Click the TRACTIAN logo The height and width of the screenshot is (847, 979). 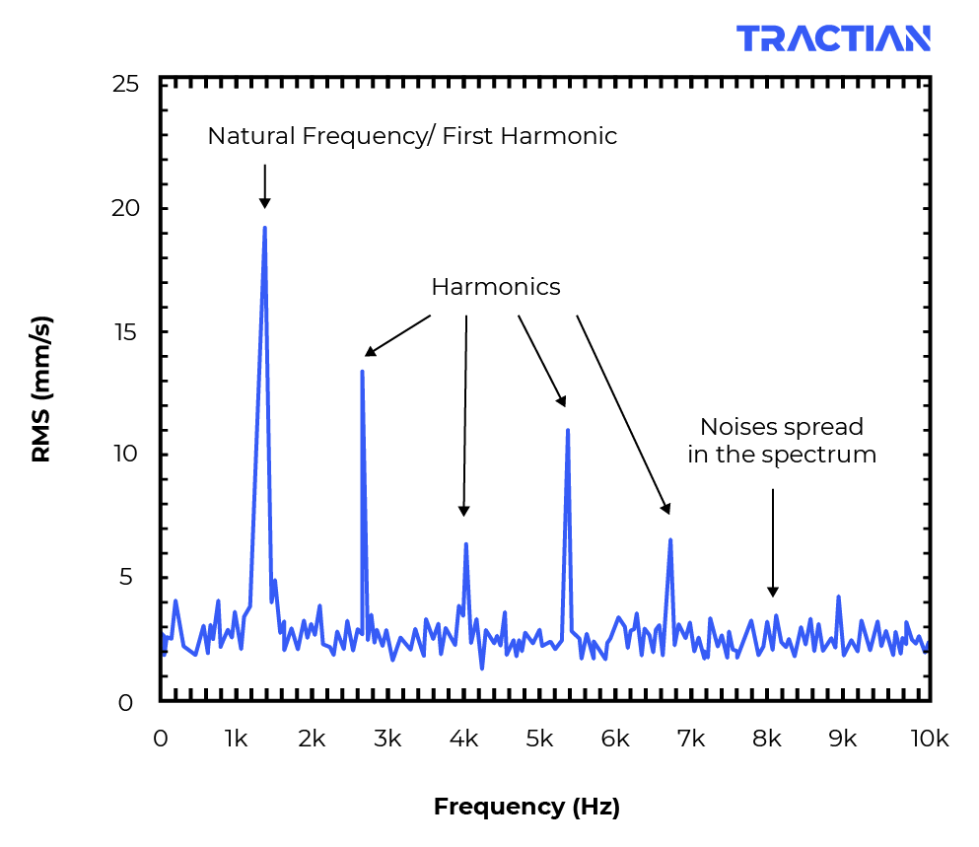pos(833,38)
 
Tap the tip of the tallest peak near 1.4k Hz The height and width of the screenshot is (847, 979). pos(264,228)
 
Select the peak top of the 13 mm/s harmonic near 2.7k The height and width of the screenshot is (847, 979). pos(362,372)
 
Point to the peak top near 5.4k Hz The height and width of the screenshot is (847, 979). pos(568,430)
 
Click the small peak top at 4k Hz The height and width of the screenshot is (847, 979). pos(465,544)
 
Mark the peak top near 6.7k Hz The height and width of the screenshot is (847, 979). pos(670,540)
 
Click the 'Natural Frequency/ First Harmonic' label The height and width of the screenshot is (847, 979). pos(412,136)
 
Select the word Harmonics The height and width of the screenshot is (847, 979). pos(495,287)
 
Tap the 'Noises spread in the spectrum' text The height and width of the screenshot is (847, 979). pos(781,441)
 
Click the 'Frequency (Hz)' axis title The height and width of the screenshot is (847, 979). pos(526,807)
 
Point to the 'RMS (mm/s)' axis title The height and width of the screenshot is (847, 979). pos(41,388)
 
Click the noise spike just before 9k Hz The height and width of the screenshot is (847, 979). pos(838,597)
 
